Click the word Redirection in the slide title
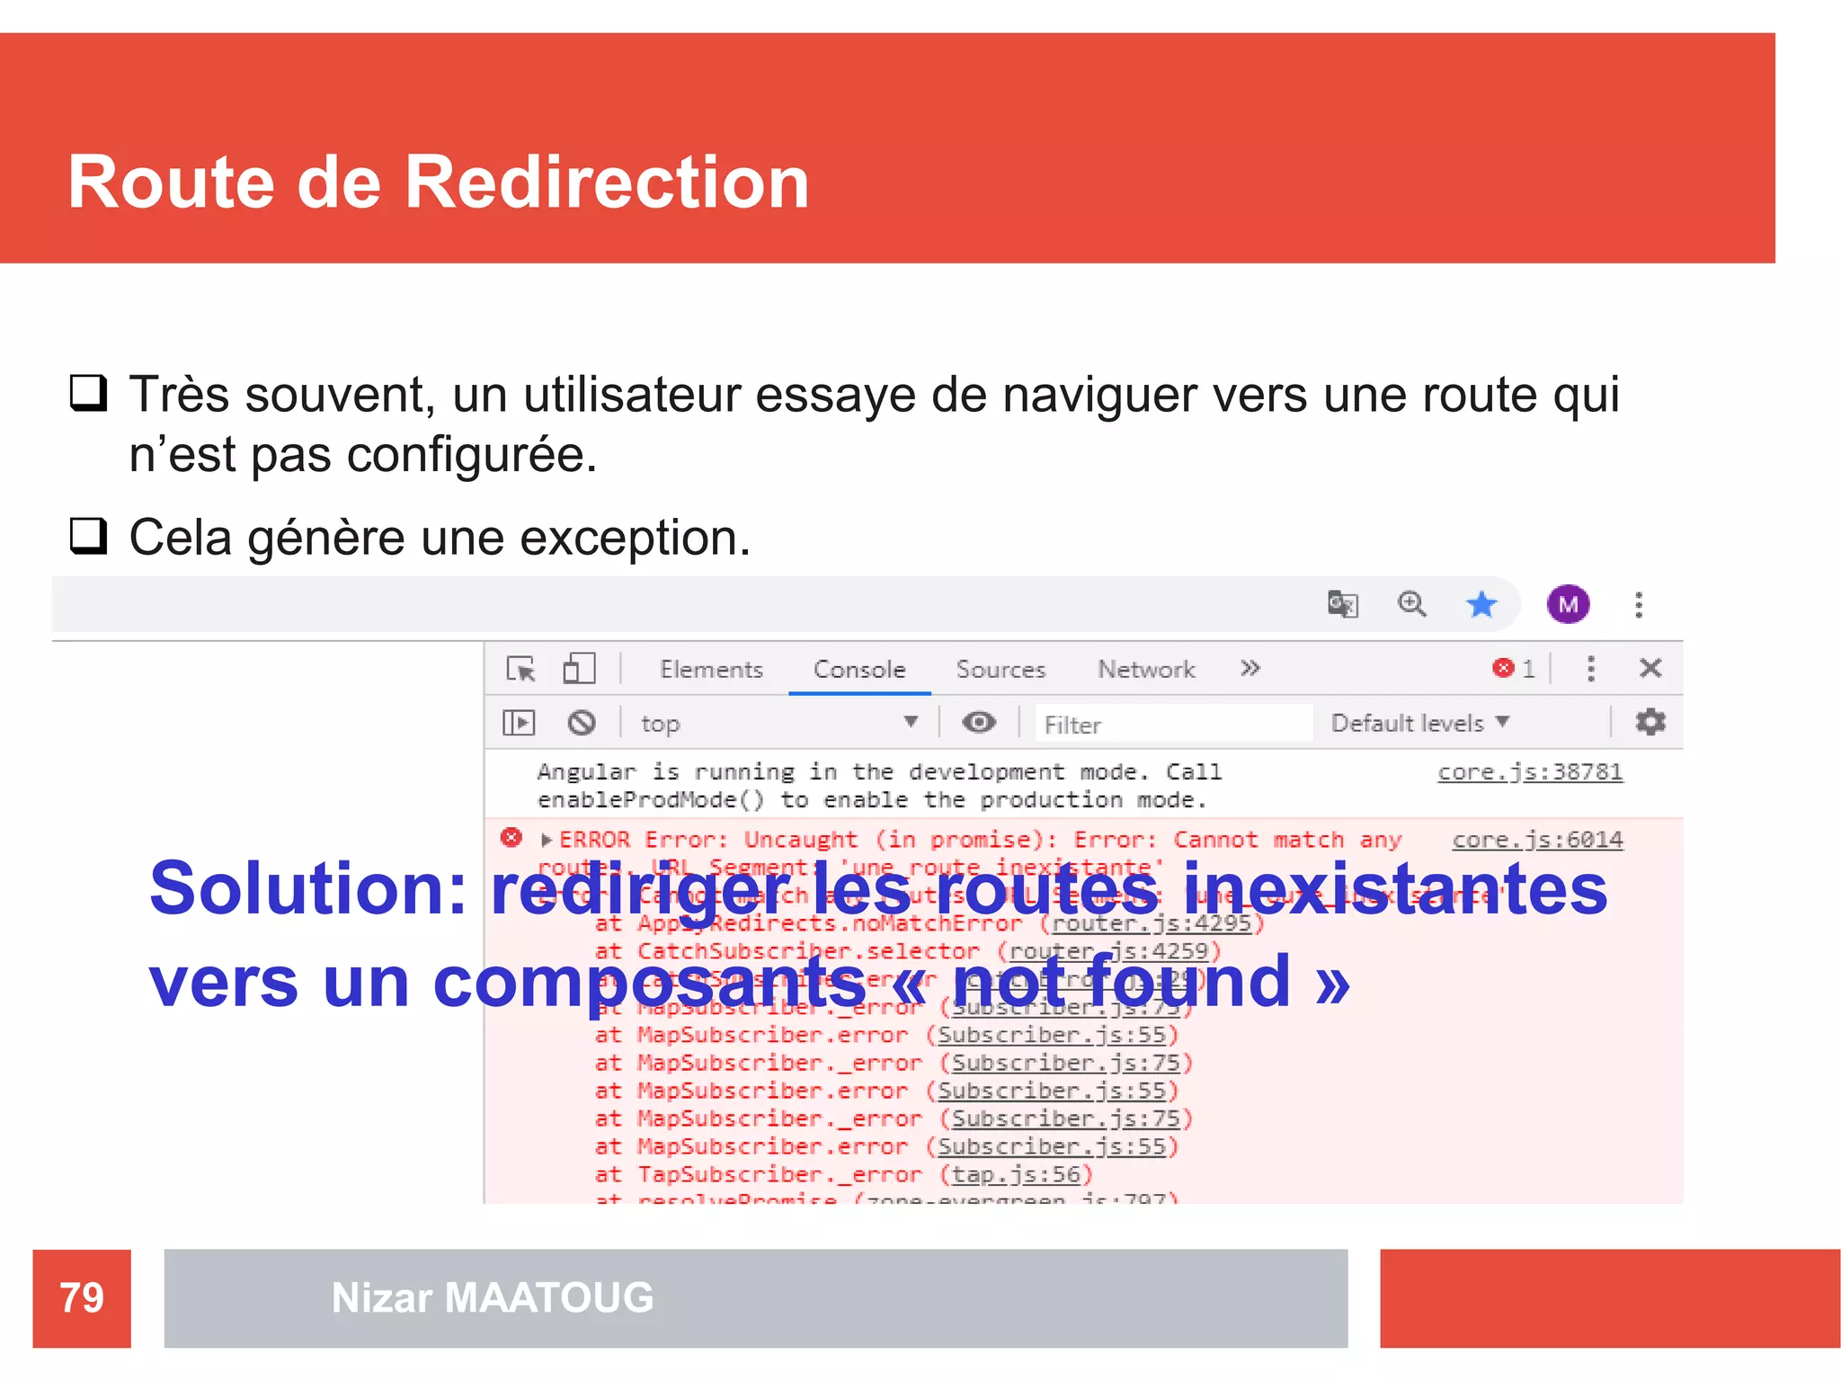coord(607,183)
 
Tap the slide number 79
coord(82,1297)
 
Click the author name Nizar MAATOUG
coord(493,1297)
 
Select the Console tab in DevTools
coord(859,670)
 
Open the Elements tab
coord(711,670)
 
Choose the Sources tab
coord(1001,670)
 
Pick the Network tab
coord(1146,670)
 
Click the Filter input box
coord(1169,724)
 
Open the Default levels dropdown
coord(1419,723)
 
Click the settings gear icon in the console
coord(1650,722)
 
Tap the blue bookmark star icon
coord(1481,604)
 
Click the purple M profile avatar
coord(1569,604)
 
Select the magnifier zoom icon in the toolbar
coord(1411,604)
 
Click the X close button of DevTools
coord(1650,668)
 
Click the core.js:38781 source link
coord(1530,772)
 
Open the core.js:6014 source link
coord(1537,840)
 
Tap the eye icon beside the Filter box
coord(979,722)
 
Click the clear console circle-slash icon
coord(582,723)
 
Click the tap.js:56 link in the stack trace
coord(1016,1174)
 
